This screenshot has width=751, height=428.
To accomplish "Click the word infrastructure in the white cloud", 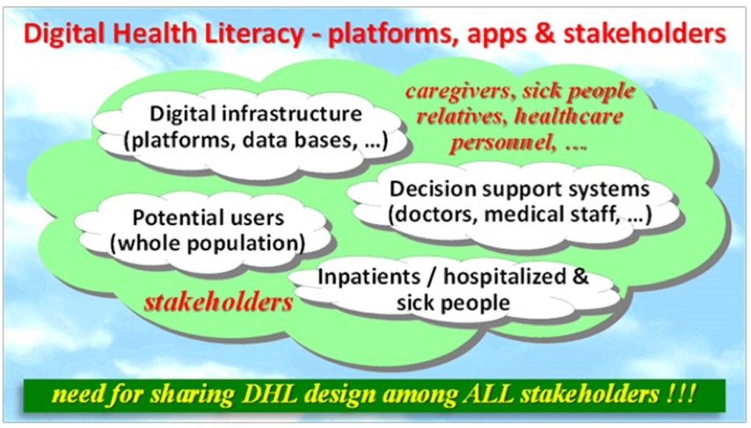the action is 292,113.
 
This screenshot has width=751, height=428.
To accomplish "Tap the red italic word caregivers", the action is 460,91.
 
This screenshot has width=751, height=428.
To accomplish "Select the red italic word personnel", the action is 503,142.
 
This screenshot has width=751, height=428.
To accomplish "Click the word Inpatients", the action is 369,277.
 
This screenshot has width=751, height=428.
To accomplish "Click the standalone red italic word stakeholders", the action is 219,302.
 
